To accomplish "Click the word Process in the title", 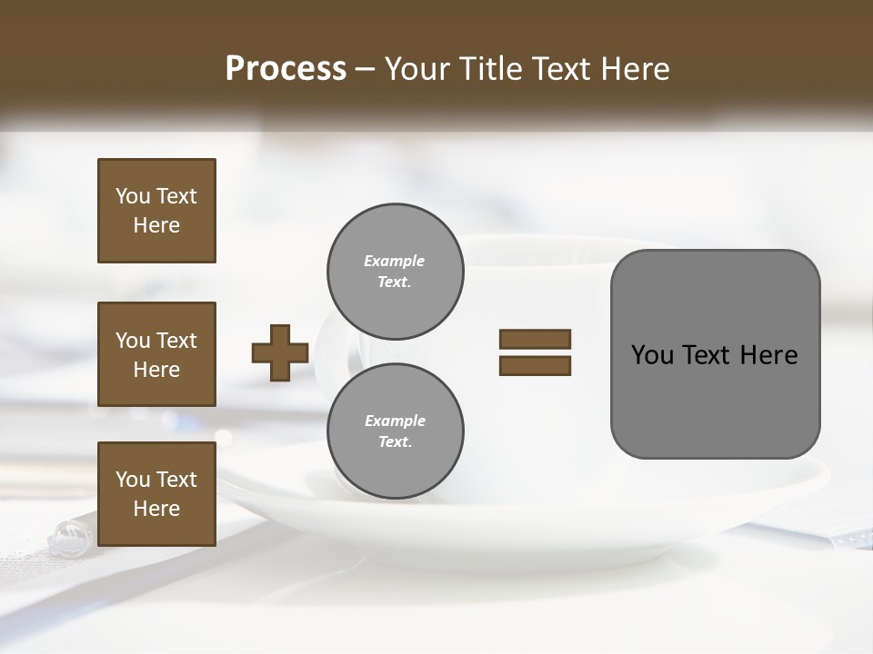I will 286,69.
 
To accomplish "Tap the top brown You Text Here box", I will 156,211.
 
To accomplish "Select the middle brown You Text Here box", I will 156,354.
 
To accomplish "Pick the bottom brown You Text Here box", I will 156,494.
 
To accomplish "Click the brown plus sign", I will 280,352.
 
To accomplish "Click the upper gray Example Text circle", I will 395,272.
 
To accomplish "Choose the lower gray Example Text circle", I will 395,431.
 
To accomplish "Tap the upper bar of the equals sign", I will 535,340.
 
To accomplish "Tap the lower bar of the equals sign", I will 535,365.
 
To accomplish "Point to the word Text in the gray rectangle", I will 706,355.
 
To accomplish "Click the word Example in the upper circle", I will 395,261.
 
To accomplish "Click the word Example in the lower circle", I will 395,421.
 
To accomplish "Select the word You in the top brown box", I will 132,196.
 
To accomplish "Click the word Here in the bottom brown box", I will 156,509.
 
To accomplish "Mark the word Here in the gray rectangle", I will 768,355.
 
